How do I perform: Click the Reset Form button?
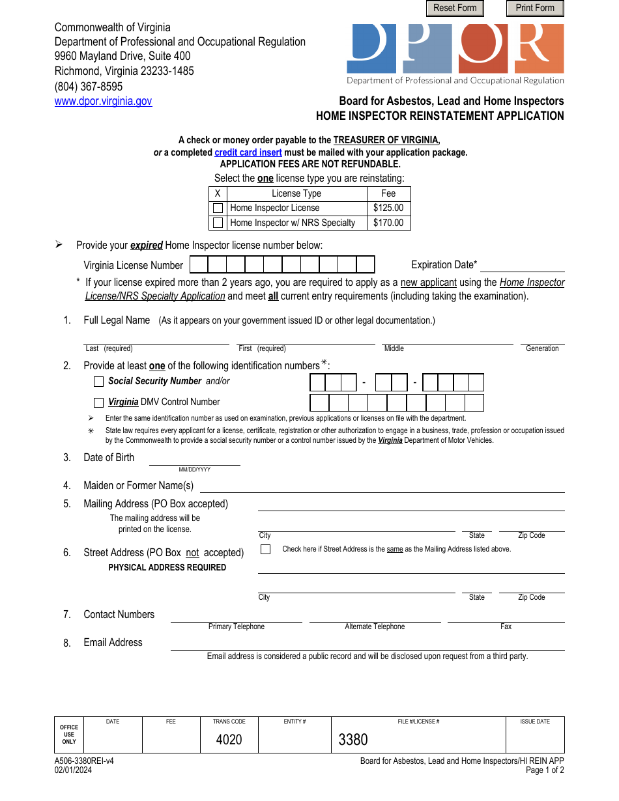455,8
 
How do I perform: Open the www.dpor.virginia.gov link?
103,101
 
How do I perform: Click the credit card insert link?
248,152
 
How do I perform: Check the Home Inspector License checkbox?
218,208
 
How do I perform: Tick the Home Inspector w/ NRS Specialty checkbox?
218,223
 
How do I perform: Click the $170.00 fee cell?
388,223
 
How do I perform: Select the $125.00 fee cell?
388,208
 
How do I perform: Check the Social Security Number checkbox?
98,382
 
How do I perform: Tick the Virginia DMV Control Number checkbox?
98,402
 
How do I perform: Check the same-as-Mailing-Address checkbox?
265,549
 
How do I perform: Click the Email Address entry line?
367,644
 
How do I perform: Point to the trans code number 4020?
229,740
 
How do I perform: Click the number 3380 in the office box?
353,740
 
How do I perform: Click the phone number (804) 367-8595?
89,86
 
